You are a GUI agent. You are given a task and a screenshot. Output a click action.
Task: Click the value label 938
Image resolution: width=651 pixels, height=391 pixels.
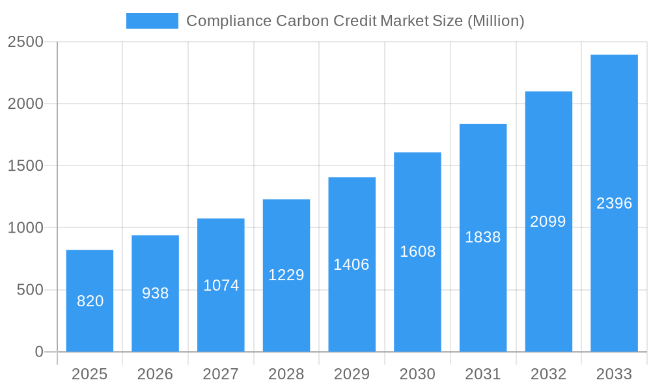click(156, 293)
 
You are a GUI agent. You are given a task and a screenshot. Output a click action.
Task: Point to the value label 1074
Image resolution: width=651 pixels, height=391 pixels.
click(221, 285)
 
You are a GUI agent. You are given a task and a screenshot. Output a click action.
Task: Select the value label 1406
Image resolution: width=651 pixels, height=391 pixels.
click(352, 265)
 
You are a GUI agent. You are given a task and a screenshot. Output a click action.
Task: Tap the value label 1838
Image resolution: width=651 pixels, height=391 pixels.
click(483, 237)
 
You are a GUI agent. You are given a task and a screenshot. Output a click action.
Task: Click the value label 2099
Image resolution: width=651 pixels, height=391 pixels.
click(548, 222)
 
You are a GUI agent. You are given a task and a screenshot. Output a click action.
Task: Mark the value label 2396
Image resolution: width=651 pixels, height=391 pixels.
click(614, 203)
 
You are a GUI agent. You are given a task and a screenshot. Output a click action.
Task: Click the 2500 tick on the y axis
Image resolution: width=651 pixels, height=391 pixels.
click(25, 42)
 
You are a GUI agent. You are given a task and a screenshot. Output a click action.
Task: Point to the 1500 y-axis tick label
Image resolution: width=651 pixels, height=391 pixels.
click(25, 166)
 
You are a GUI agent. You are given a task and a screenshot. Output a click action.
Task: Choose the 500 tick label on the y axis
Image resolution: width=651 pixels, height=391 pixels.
click(30, 290)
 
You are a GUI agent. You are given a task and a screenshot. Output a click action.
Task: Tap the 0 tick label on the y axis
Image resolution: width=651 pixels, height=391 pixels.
click(38, 352)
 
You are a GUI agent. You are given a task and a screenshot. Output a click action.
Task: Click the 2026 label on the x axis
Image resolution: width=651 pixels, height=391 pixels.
click(156, 374)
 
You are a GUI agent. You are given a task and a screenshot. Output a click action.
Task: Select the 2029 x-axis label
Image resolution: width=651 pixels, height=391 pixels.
click(352, 374)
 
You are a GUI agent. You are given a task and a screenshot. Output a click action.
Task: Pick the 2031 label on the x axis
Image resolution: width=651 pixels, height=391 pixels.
click(483, 374)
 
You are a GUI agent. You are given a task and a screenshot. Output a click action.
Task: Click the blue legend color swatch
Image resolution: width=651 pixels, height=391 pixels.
click(152, 21)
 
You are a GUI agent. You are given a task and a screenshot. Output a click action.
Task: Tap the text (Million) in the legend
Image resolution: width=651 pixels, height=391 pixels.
click(495, 21)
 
